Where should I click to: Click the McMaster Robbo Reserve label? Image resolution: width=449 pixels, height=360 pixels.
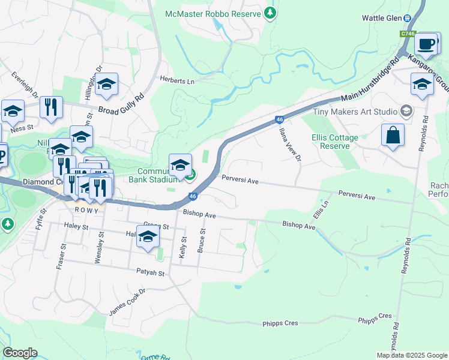[x=216, y=13]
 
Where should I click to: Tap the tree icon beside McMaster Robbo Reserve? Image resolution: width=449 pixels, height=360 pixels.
[x=270, y=12]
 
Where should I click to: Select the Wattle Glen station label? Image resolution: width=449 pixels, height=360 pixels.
[x=381, y=18]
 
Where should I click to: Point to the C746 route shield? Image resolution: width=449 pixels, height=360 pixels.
[x=408, y=34]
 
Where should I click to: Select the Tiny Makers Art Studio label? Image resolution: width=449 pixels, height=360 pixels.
[x=355, y=112]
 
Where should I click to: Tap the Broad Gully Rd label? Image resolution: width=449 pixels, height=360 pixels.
[x=121, y=103]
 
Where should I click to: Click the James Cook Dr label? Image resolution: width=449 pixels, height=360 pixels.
[x=127, y=302]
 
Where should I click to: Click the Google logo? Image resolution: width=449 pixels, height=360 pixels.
[x=20, y=353]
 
